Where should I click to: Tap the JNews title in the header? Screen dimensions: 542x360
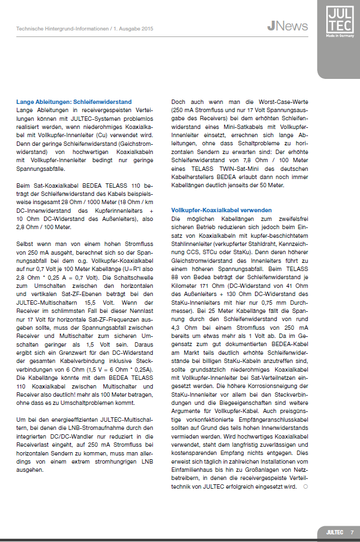click(x=287, y=26)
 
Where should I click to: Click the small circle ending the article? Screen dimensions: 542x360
click(x=306, y=486)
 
